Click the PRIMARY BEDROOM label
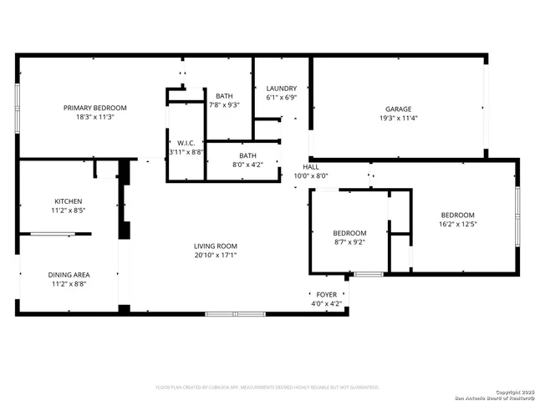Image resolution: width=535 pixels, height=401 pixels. pyautogui.click(x=96, y=108)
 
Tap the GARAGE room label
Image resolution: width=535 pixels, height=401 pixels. pyautogui.click(x=398, y=109)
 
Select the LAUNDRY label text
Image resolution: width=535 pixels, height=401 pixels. pyautogui.click(x=281, y=89)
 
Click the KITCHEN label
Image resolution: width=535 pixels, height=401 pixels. pyautogui.click(x=69, y=201)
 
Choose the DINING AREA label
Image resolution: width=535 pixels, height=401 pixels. pyautogui.click(x=69, y=274)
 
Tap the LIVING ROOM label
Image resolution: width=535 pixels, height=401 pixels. pyautogui.click(x=216, y=246)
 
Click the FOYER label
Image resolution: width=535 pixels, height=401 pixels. pyautogui.click(x=326, y=295)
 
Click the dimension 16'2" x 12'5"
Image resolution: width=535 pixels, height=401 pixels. pyautogui.click(x=457, y=224)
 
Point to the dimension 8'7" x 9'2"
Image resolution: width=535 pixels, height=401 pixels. pyautogui.click(x=349, y=242)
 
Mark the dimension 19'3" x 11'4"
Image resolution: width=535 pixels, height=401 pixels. pyautogui.click(x=398, y=119)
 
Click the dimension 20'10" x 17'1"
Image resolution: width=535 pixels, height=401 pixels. pyautogui.click(x=216, y=256)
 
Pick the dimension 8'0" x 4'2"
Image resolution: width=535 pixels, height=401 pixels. pyautogui.click(x=248, y=165)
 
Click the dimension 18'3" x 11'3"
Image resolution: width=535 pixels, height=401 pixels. pyautogui.click(x=96, y=118)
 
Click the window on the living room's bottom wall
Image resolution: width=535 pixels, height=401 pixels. pyautogui.click(x=235, y=313)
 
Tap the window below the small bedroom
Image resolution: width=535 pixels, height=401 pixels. pyautogui.click(x=368, y=274)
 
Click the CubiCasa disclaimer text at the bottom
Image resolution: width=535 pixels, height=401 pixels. pyautogui.click(x=267, y=387)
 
